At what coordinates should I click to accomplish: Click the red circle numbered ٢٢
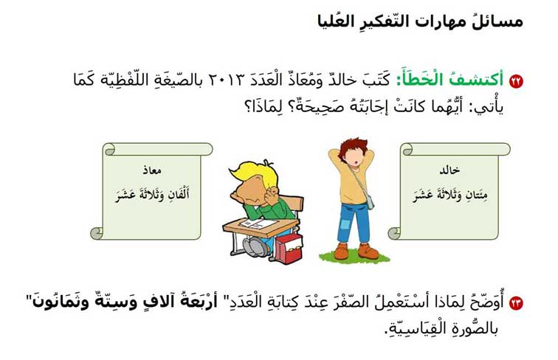pos(516,81)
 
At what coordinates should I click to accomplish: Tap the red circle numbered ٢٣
pos(516,303)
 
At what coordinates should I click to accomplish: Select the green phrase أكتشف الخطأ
pos(449,80)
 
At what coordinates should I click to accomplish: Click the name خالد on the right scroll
pos(449,170)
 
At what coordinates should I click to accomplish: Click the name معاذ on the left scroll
pos(152,170)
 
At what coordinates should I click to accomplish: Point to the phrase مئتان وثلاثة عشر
pos(449,195)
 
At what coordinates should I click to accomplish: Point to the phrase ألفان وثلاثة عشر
pos(152,195)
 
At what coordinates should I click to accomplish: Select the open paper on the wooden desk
pos(259,224)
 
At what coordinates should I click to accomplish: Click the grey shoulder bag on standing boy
pos(369,201)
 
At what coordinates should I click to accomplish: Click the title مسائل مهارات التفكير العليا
pos(420,21)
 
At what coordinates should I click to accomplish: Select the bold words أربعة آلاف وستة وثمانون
pos(125,303)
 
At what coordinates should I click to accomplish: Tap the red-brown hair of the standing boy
pos(353,150)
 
